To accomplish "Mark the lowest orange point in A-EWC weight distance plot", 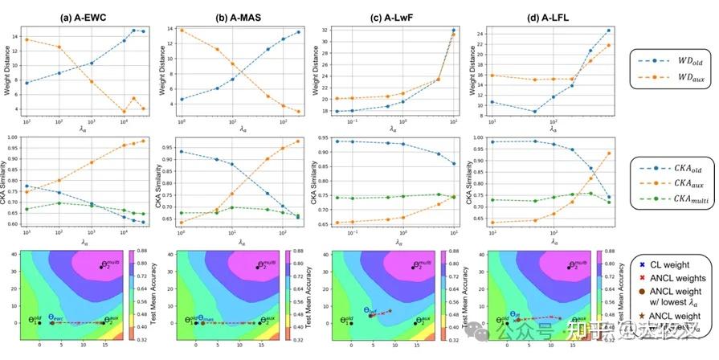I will (124, 111).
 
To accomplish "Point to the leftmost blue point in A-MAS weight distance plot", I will (182, 100).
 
